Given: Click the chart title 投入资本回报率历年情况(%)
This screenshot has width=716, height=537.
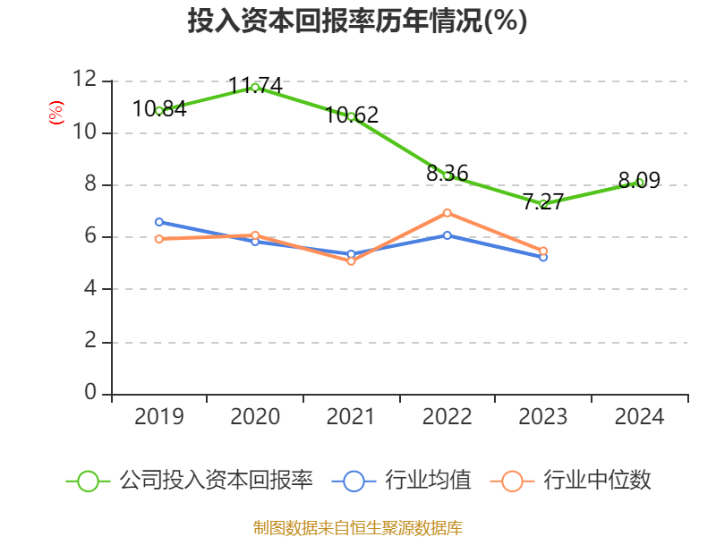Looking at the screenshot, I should (357, 21).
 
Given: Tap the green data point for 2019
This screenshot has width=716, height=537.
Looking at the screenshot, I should (159, 111).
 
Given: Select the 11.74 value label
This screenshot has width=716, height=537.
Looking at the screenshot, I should (255, 86).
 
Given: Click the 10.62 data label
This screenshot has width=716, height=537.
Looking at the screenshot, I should (352, 115).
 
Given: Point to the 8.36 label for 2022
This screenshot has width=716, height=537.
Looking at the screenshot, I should (447, 174).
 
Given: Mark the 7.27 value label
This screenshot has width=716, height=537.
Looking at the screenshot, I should (543, 201).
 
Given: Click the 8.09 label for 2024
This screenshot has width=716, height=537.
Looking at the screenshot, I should (639, 181).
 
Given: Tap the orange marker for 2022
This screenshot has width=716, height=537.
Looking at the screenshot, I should (447, 213).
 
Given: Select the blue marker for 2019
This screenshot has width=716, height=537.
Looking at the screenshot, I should (159, 222).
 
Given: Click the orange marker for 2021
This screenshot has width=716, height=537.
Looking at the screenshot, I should (352, 261).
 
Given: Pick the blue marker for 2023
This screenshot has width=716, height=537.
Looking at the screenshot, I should (543, 257).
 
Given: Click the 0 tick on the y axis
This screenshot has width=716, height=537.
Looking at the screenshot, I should (90, 394).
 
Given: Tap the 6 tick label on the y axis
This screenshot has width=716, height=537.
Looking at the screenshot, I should (90, 237).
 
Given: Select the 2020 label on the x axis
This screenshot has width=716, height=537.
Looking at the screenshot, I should (255, 417).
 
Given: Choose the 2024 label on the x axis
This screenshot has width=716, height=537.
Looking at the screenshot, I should (639, 417).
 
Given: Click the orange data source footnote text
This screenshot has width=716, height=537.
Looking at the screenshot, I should (357, 527).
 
